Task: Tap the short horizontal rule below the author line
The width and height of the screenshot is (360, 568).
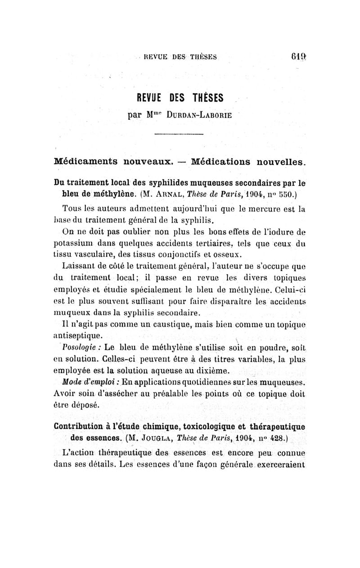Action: pyautogui.click(x=179, y=135)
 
